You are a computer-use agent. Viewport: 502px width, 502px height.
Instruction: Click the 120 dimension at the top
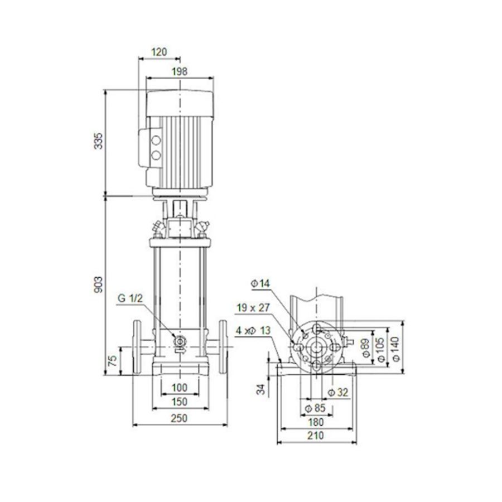point(159,52)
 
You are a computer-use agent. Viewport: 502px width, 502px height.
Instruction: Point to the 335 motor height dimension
point(99,142)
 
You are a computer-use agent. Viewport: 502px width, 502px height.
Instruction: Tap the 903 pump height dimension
point(99,285)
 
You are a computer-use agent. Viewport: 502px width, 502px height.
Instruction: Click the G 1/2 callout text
point(131,299)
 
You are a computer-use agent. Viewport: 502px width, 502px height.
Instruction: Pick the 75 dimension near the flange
point(112,361)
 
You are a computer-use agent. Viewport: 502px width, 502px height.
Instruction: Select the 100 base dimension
point(179,388)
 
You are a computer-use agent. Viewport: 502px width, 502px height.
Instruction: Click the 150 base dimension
point(179,402)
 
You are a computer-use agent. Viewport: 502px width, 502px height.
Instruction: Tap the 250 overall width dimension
point(179,418)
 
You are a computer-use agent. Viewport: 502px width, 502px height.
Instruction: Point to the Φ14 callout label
point(260,284)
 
